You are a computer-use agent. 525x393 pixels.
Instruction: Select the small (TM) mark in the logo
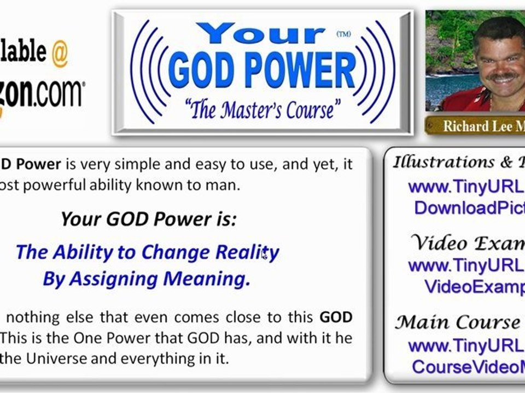[x=343, y=34]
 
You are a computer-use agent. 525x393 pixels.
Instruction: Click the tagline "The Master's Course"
[x=261, y=110]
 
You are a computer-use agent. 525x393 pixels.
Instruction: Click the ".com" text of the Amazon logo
[x=57, y=93]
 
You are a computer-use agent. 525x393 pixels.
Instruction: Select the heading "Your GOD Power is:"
[x=148, y=219]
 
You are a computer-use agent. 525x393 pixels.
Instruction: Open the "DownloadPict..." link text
[x=469, y=207]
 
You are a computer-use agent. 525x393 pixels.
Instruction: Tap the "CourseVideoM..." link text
[x=468, y=367]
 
